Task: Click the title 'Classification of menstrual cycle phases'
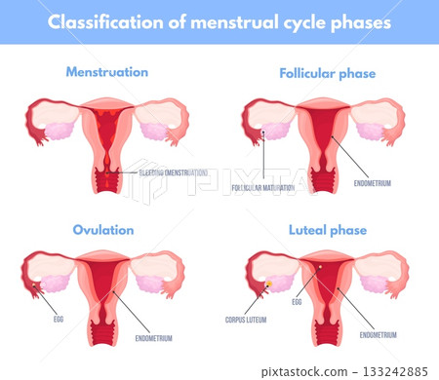(219, 21)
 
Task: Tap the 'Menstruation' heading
(106, 72)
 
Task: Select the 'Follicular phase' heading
(327, 73)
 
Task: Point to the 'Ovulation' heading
(103, 230)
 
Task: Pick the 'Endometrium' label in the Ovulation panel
(153, 338)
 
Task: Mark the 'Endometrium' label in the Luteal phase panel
(379, 334)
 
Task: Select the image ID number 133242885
(396, 371)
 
